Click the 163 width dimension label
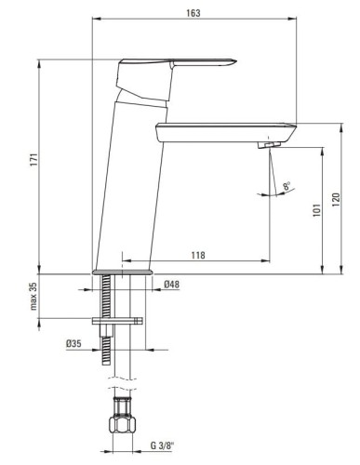tap(193, 13)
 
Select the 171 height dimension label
tap(33, 159)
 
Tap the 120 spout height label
tap(336, 200)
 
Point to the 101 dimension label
tap(316, 210)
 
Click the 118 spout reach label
tap(198, 255)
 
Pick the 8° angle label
tap(287, 186)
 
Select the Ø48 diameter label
tap(172, 285)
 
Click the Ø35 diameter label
tap(73, 343)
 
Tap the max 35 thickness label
tap(33, 296)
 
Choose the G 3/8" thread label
tap(163, 445)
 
